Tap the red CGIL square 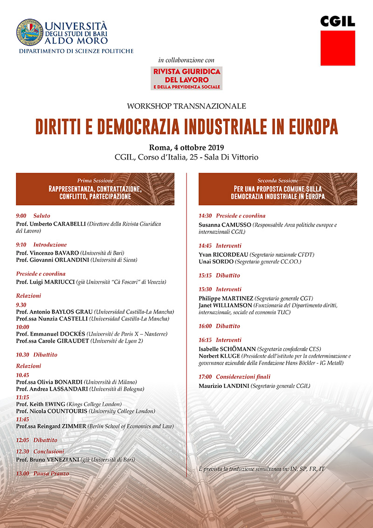point(338,48)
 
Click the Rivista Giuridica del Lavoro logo point(186,78)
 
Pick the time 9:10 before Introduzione point(21,244)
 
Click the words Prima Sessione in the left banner point(95,180)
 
